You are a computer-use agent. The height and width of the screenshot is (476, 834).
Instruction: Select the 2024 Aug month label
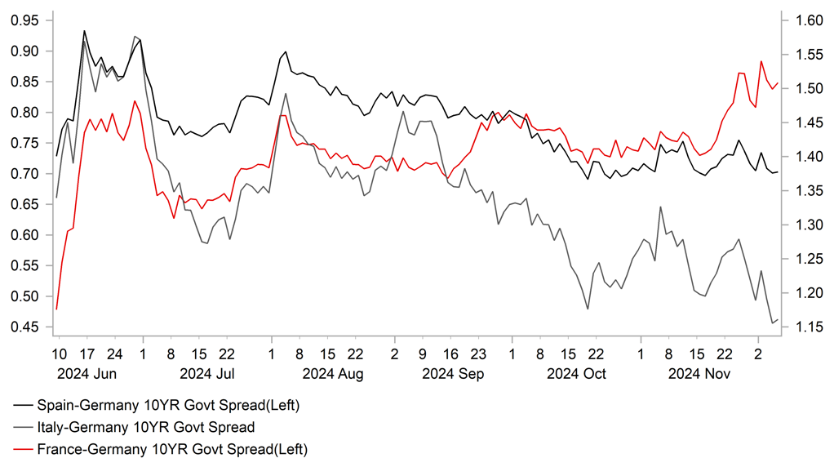point(332,374)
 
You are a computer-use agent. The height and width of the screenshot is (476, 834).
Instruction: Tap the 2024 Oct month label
point(577,374)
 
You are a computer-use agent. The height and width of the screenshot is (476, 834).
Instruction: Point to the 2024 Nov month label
point(699,374)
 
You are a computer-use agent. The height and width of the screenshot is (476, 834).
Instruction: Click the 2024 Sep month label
point(453,374)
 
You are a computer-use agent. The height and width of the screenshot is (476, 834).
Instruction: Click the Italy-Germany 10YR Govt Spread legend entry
point(146,426)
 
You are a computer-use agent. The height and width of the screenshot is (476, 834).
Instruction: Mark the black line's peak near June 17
point(84,31)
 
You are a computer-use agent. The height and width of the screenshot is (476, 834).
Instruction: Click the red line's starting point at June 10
point(56,309)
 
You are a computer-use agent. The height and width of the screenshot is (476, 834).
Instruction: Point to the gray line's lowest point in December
point(772,323)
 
